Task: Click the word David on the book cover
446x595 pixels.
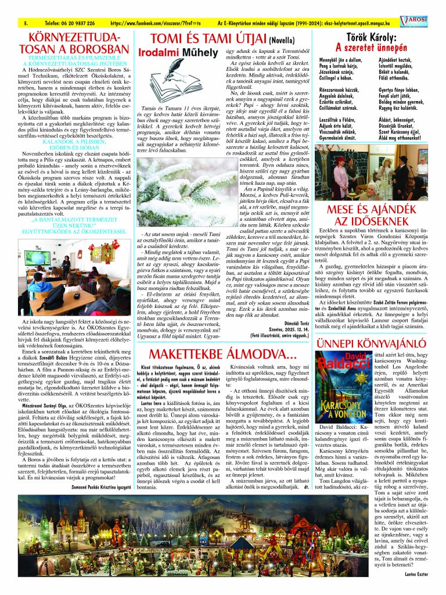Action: click(x=330, y=358)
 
